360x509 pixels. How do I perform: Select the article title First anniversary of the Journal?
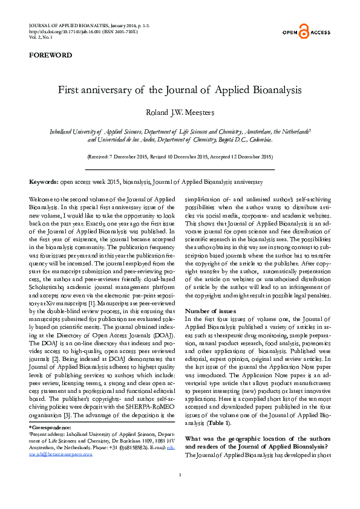tap(180, 90)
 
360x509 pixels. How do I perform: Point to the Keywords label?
tap(44, 182)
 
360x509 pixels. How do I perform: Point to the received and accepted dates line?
tap(180, 157)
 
